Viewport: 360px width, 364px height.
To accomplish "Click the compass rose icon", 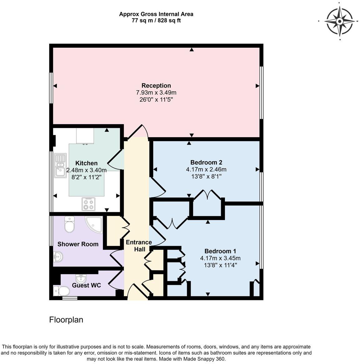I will pos(340,21).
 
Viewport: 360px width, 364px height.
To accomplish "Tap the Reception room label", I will pos(156,85).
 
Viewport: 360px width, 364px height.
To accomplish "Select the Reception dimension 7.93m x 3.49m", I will pos(156,93).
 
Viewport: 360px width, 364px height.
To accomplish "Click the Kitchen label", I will pos(86,163).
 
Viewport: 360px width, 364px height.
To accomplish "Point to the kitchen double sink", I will pos(60,165).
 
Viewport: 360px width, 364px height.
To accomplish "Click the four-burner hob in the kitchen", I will pos(88,204).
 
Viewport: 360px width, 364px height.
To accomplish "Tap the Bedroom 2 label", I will pos(206,162).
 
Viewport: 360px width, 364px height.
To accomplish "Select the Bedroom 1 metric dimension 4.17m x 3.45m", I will pos(220,258).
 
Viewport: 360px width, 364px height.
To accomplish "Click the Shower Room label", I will pos(78,244).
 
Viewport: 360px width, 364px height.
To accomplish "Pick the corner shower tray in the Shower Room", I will pos(95,225).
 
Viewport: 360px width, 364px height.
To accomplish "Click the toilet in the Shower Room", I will pos(69,224).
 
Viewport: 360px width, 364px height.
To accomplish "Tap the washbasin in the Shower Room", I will pos(58,257).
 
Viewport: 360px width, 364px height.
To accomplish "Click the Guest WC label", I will pos(86,285).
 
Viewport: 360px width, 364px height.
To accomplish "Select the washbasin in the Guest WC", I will pos(81,278).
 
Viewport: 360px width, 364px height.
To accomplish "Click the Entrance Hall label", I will pos(139,246).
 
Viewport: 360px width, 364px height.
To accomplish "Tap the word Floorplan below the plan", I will pos(66,320).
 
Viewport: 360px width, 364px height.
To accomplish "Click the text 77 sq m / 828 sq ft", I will pos(156,21).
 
